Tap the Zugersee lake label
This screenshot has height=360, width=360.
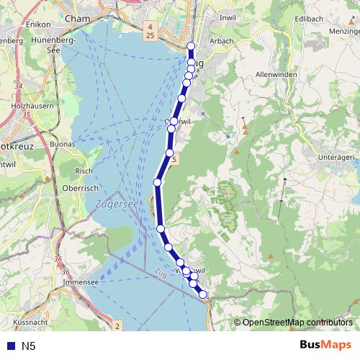[116, 204]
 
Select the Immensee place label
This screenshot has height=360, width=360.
[80, 283]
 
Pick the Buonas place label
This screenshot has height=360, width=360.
[64, 144]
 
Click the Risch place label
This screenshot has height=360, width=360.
[84, 171]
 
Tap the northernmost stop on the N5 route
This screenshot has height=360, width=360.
[191, 47]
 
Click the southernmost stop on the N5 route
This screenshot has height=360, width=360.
[203, 294]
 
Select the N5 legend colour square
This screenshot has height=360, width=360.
[8, 346]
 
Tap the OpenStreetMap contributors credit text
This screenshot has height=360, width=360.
[297, 322]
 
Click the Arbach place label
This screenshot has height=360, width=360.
[222, 41]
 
